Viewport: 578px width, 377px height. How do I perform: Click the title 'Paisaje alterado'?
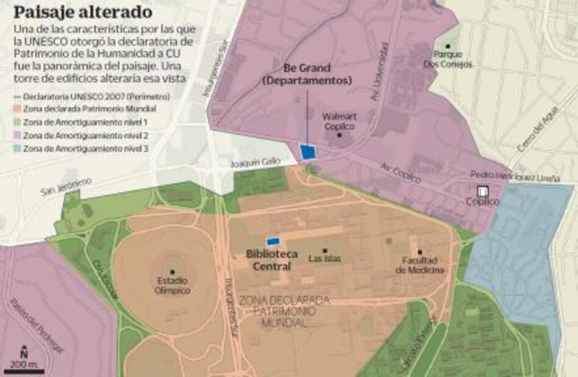[x=83, y=12]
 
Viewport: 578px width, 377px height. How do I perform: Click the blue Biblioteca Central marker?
[x=273, y=241]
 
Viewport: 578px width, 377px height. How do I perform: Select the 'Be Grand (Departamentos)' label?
[x=308, y=74]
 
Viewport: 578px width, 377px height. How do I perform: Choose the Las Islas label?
[x=325, y=258]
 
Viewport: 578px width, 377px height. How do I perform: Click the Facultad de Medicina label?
[x=420, y=266]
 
